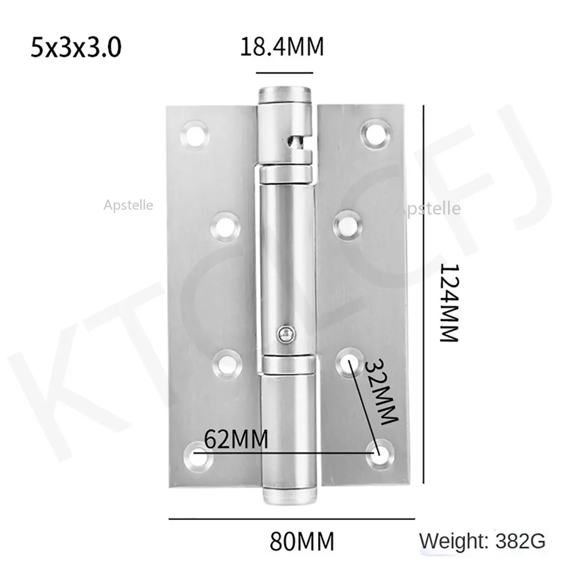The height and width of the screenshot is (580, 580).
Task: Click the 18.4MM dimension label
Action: [282, 47]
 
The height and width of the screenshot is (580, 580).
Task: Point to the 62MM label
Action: [236, 439]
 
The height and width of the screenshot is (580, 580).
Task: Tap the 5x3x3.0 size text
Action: [76, 47]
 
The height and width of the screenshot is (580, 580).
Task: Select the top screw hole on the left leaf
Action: [195, 135]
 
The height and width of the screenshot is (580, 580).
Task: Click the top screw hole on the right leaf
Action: [376, 133]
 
